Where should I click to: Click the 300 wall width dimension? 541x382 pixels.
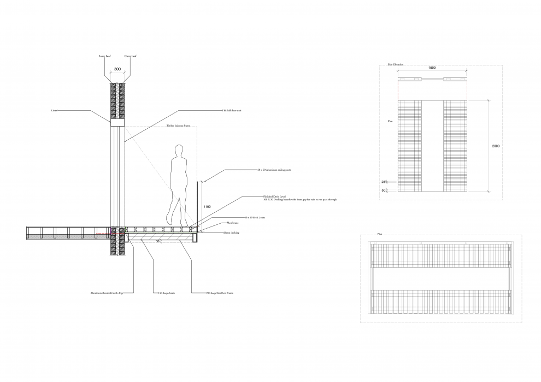(x=117, y=70)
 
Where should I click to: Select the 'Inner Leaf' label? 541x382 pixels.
(x=104, y=56)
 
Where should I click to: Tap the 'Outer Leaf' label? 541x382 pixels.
(x=130, y=56)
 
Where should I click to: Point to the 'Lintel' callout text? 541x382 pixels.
(x=54, y=110)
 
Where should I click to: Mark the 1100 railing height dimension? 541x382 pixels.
(x=207, y=207)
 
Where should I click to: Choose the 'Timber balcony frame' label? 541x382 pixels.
(x=179, y=126)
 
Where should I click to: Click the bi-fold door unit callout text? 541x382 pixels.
(x=232, y=110)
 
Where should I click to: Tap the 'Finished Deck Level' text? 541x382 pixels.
(x=275, y=196)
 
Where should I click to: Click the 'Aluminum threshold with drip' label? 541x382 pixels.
(x=106, y=294)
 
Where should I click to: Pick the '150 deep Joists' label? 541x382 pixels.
(x=166, y=294)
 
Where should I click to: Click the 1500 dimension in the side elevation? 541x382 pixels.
(x=431, y=68)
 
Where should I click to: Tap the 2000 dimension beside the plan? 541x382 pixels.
(x=495, y=146)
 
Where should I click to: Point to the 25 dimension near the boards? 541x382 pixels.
(x=384, y=181)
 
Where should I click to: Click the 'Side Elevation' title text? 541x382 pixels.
(x=396, y=64)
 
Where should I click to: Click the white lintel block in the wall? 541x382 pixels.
(x=118, y=123)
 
